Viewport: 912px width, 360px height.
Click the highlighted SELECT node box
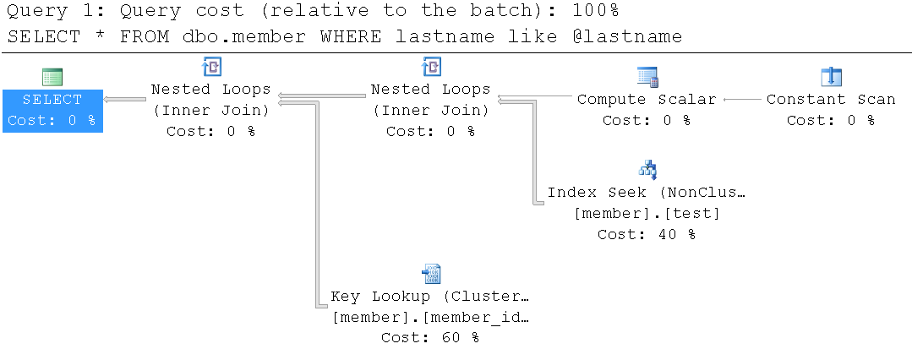[x=53, y=111]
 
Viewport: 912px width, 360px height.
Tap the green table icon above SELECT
[x=52, y=78]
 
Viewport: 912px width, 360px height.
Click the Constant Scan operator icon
[x=831, y=77]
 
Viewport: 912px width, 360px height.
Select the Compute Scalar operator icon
[x=647, y=77]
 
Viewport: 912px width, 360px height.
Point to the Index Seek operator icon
[x=647, y=170]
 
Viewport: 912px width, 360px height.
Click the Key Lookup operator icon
[x=431, y=273]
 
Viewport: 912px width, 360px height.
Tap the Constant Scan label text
[x=831, y=100]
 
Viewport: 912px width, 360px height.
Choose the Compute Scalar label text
[x=647, y=100]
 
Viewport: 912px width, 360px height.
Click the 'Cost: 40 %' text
[x=647, y=234]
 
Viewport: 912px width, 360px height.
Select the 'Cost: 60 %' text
[x=430, y=337]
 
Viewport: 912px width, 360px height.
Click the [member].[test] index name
[x=647, y=214]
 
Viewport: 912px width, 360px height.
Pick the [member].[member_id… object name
[x=431, y=318]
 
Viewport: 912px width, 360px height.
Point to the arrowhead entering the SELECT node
[x=107, y=100]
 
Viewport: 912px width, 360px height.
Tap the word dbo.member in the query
[x=244, y=36]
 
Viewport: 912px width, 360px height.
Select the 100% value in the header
[x=596, y=10]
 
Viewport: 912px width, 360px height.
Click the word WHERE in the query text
[x=350, y=36]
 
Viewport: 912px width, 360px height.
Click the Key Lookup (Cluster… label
[x=430, y=296]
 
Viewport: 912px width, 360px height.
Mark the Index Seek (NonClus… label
[x=647, y=193]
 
